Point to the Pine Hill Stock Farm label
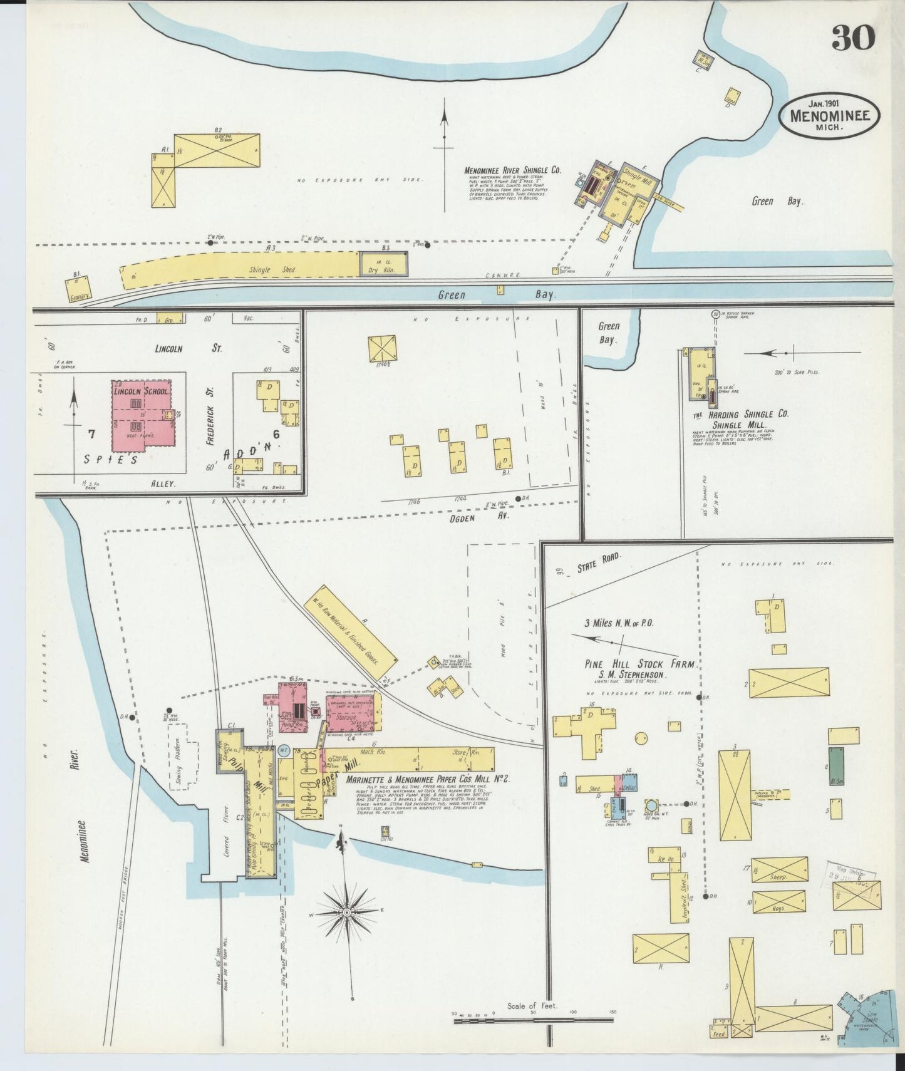[x=640, y=665]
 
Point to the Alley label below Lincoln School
[x=166, y=484]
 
